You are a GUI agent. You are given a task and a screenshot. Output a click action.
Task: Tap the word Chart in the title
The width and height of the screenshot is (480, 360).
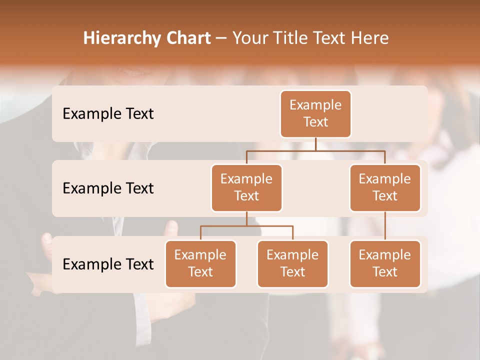click(x=186, y=38)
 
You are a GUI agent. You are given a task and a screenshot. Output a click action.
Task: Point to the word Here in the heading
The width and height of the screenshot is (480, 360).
click(x=369, y=38)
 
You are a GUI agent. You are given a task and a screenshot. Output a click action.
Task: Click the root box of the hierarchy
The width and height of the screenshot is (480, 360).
click(x=315, y=113)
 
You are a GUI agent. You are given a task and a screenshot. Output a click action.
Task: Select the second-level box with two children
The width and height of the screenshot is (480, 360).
click(x=246, y=187)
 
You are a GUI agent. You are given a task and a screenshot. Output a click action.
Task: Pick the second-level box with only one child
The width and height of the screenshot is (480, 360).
click(x=385, y=187)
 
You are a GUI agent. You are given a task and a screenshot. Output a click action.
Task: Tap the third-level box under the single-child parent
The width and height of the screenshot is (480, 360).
click(x=385, y=263)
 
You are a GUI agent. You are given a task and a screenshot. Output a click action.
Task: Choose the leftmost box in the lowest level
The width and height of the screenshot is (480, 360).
click(x=200, y=263)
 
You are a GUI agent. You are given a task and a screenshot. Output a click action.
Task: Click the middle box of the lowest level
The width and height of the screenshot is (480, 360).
click(x=292, y=263)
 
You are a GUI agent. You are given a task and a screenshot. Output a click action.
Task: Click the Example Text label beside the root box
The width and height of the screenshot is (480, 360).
click(x=108, y=113)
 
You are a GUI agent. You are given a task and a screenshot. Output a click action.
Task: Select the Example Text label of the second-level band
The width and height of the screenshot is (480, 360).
click(x=108, y=188)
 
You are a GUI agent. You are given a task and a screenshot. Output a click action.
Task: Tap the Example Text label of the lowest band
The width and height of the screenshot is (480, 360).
click(x=108, y=264)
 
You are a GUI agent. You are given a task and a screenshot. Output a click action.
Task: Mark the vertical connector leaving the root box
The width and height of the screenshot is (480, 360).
click(x=315, y=144)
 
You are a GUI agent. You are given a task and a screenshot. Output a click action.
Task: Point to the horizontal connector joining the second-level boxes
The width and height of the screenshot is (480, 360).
click(x=315, y=150)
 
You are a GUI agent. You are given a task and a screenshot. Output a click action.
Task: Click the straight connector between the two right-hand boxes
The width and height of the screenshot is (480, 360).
click(x=385, y=226)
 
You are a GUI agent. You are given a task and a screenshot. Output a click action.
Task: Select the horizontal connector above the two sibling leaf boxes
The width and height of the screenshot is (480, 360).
click(x=246, y=226)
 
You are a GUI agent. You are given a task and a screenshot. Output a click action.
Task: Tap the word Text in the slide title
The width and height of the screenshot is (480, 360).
click(x=326, y=38)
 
